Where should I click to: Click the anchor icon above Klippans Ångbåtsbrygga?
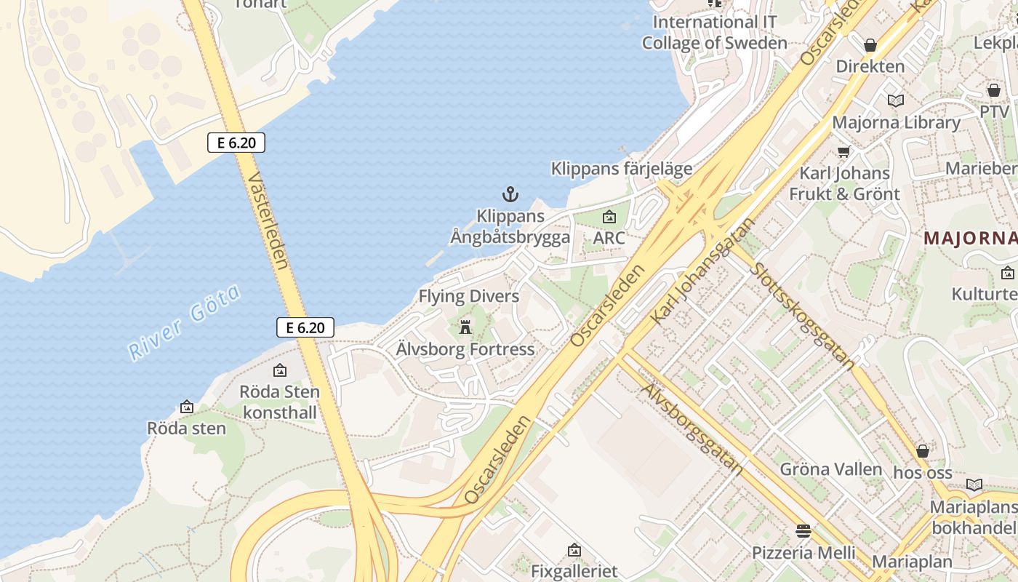(x=510, y=194)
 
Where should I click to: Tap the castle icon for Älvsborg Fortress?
(x=465, y=327)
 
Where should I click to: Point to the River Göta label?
(x=184, y=323)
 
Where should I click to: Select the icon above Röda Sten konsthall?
(x=280, y=371)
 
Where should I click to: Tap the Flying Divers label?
(x=469, y=296)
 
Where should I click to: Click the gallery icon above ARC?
(x=609, y=217)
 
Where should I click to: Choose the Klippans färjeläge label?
(x=622, y=169)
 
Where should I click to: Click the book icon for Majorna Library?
(x=896, y=101)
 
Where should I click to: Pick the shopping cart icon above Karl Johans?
(x=843, y=152)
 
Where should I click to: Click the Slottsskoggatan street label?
(x=803, y=315)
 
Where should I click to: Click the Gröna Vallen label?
(x=831, y=469)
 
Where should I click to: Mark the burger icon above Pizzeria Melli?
(x=803, y=531)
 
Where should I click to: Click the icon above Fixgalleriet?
(x=574, y=550)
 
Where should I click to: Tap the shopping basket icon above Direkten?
(x=870, y=46)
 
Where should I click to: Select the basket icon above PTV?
(x=994, y=91)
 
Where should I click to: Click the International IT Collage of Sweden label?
(x=714, y=33)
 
